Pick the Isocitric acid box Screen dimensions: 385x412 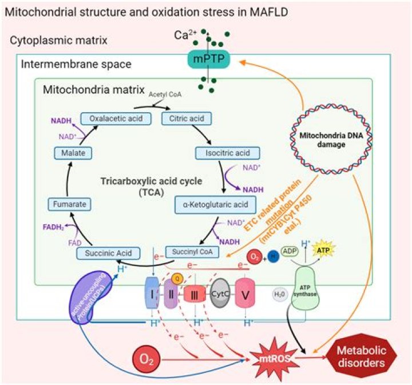pyautogui.click(x=228, y=153)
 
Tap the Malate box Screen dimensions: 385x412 pyautogui.click(x=70, y=153)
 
